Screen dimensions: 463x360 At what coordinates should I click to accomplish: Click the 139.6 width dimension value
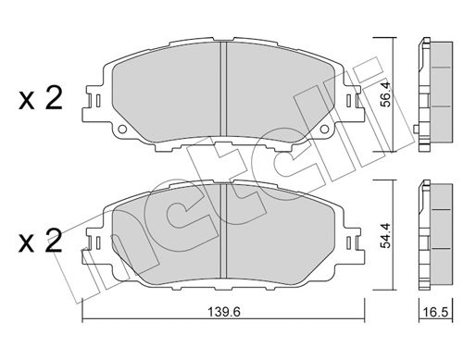(223, 312)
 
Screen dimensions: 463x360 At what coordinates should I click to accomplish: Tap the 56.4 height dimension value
(385, 94)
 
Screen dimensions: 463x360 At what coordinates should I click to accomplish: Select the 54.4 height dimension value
(385, 236)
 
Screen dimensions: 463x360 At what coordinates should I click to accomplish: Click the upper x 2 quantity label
(41, 98)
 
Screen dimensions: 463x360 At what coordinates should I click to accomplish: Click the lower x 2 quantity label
(41, 241)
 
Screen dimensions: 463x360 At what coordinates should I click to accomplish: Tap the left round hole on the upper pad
(122, 129)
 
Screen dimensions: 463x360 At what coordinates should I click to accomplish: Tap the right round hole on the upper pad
(324, 129)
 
